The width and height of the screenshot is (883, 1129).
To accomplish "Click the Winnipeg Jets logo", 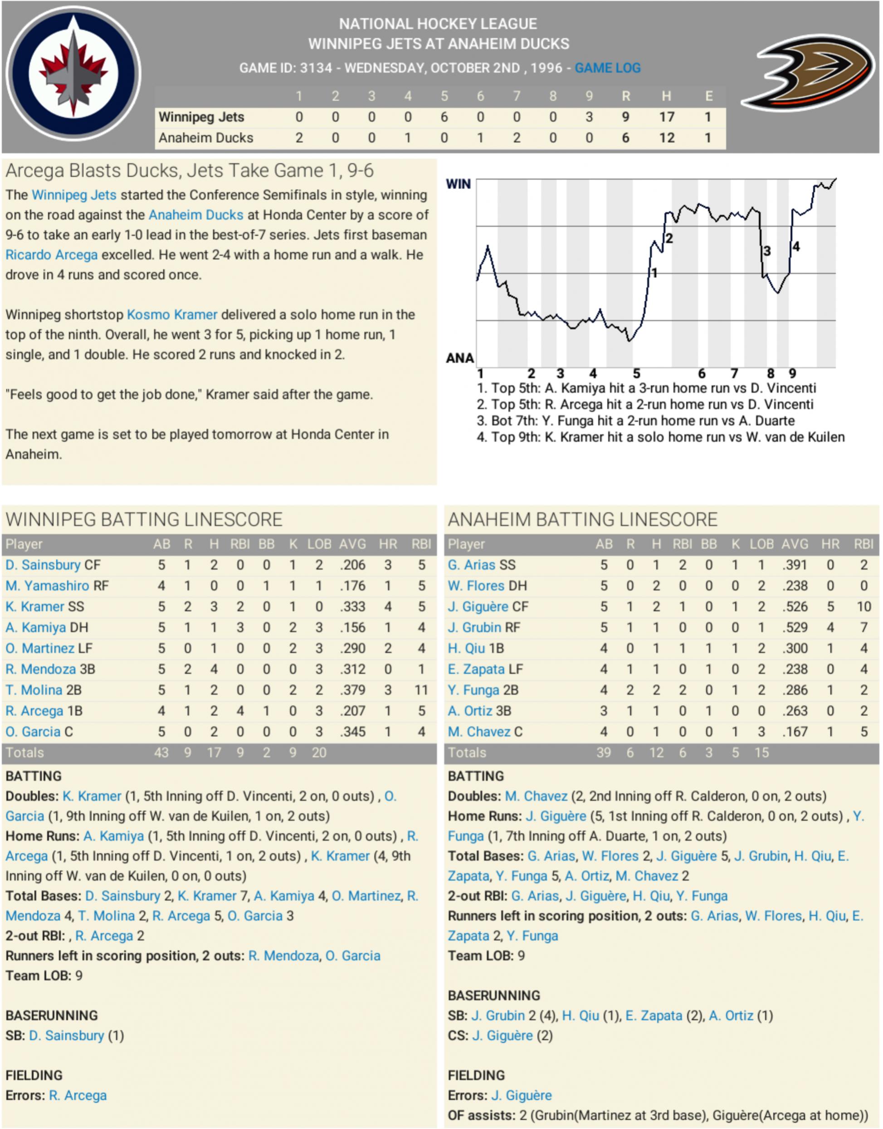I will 73,73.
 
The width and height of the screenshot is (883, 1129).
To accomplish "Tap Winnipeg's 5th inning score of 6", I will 444,117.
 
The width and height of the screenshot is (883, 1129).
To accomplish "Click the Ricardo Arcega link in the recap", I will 51,255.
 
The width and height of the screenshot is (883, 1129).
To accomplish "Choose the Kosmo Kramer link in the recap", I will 172,315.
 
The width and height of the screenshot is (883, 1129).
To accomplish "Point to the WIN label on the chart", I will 458,184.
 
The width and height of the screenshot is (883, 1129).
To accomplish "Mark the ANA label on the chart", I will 459,358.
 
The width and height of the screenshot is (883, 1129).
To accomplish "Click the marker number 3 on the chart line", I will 767,251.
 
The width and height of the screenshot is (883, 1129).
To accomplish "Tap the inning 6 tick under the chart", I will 702,373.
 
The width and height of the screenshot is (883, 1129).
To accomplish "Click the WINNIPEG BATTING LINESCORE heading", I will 144,519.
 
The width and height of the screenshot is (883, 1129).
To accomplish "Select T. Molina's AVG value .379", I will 352,690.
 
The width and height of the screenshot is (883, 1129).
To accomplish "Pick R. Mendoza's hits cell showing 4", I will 214,670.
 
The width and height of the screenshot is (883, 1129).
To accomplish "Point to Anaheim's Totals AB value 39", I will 603,753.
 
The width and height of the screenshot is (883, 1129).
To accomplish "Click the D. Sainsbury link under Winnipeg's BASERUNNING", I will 67,1036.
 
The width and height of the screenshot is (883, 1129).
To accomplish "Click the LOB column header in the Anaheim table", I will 761,544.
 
